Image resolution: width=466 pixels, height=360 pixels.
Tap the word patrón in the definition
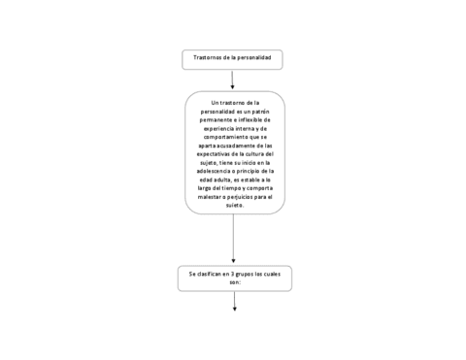254,111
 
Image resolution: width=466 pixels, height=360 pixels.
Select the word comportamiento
225,137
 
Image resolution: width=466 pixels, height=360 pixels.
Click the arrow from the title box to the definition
233,80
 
